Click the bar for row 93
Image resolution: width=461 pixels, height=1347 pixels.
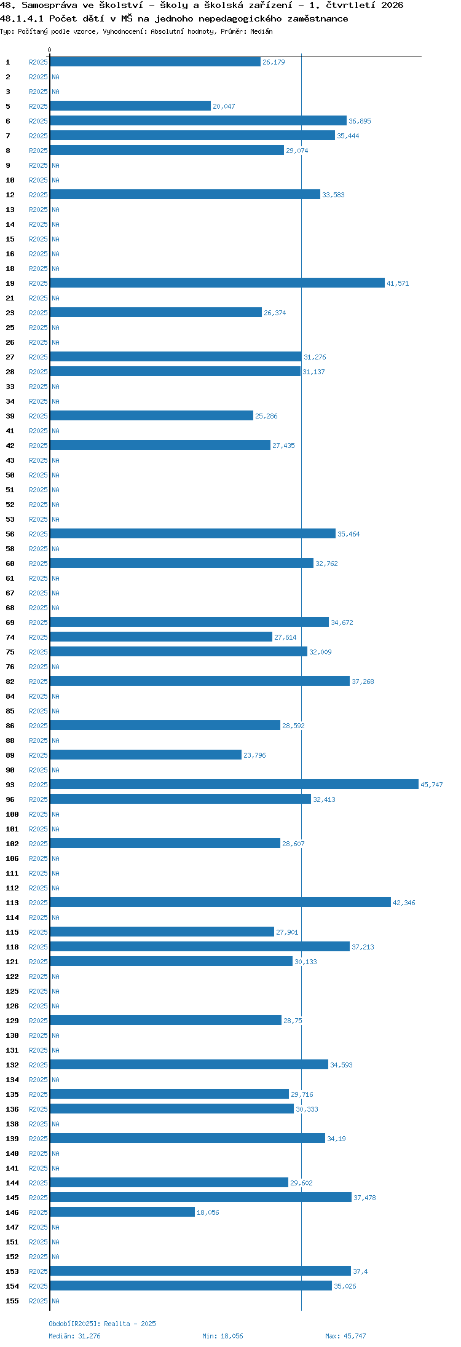pos(234,784)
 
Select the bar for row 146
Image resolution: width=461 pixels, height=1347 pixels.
pos(122,1212)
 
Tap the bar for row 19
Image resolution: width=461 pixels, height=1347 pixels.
pos(217,283)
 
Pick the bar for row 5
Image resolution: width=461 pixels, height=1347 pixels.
pos(130,106)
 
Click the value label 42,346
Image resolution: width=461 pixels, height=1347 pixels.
pos(404,903)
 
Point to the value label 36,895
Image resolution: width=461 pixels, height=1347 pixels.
pos(360,121)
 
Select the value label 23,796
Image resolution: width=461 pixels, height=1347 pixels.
pos(254,755)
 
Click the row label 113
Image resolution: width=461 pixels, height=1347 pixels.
pos(12,903)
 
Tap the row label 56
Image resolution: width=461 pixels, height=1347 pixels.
pos(10,534)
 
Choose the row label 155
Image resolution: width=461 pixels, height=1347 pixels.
pos(12,1301)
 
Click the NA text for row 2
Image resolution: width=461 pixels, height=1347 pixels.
pos(55,77)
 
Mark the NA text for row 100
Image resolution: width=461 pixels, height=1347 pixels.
pos(55,814)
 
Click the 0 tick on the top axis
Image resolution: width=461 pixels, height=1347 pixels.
pos(50,50)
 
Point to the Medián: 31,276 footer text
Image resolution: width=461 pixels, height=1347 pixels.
pos(74,1336)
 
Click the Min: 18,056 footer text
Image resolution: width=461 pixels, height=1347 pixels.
pos(223,1336)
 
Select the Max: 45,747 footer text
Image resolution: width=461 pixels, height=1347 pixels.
pos(345,1336)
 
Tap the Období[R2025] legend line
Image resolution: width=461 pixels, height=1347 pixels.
pos(102,1324)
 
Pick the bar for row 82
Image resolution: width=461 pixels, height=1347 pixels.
pos(200,681)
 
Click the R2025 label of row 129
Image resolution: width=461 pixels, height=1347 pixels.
pos(38,1021)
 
